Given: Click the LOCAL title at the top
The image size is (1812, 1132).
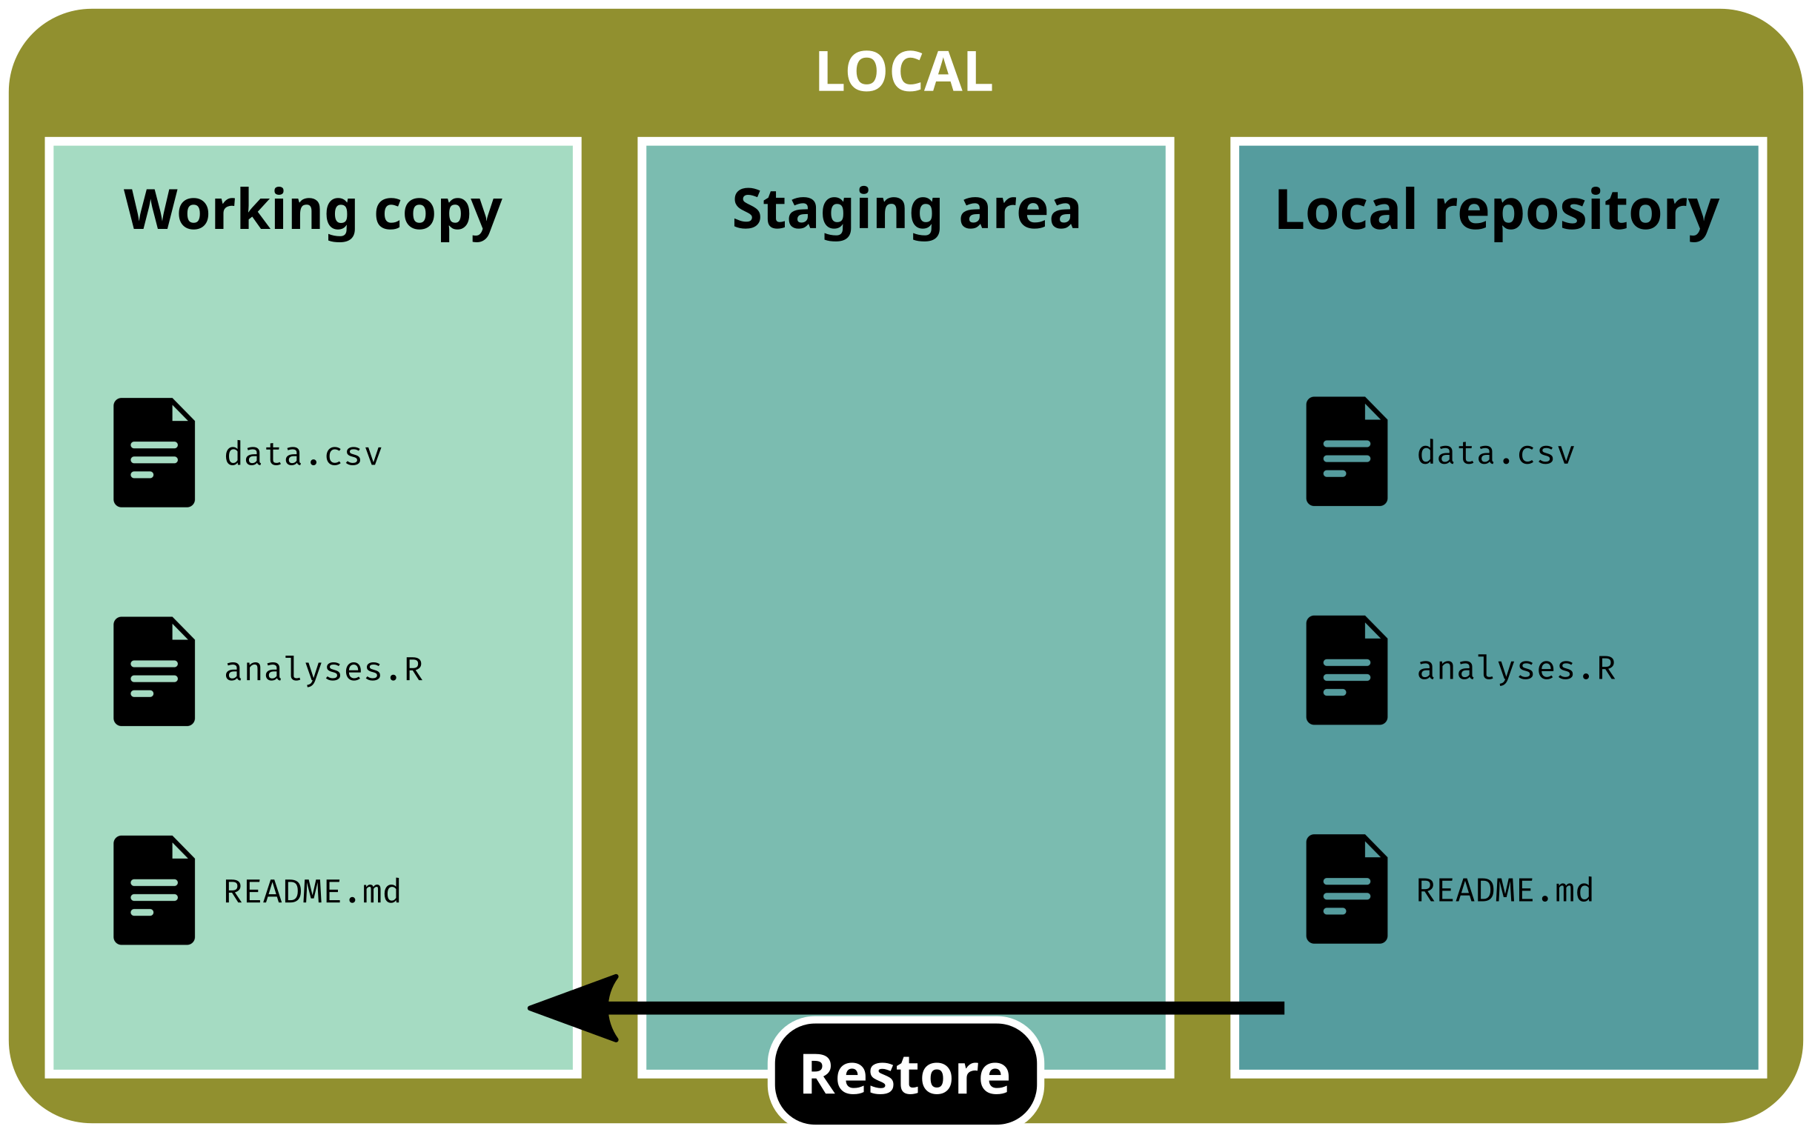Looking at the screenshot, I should (903, 72).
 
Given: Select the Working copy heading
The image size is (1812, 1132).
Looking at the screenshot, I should (312, 210).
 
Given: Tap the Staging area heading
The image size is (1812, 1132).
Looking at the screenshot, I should (906, 210).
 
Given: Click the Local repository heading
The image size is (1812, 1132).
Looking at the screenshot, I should (1497, 210).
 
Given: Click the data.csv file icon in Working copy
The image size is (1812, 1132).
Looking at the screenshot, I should (154, 452).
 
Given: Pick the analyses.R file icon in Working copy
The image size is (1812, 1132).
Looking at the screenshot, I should (154, 670).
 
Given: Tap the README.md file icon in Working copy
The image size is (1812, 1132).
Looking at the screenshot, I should (154, 890).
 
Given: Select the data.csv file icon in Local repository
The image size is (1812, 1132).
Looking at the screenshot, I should (1347, 450).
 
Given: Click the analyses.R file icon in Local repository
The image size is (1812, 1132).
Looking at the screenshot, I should (1347, 669).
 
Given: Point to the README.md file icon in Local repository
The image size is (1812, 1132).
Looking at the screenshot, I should (1347, 888).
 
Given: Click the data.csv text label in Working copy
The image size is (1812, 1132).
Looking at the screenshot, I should (303, 454).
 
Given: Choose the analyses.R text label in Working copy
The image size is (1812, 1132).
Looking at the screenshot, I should (323, 670).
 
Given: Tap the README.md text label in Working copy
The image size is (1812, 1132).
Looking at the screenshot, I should (312, 892).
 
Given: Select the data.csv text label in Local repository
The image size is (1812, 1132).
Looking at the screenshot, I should (1496, 453).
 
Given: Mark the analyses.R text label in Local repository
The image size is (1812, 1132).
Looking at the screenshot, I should (1516, 668).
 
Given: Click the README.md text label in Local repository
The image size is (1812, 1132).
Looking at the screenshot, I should (1504, 890).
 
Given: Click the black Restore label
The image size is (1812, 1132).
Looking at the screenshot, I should (904, 1074).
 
